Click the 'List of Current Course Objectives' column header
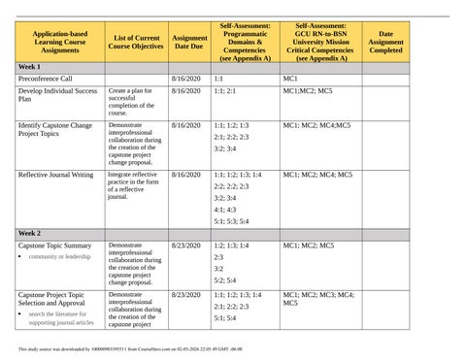coord(135,40)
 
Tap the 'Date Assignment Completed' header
coord(385,40)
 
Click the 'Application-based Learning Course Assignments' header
coord(57,40)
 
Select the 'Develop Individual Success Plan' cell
coord(57,94)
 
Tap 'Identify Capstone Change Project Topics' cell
coord(55,130)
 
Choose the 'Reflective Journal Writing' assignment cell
coord(55,176)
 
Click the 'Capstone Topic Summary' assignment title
coord(54,246)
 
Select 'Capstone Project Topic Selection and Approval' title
coord(51,299)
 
